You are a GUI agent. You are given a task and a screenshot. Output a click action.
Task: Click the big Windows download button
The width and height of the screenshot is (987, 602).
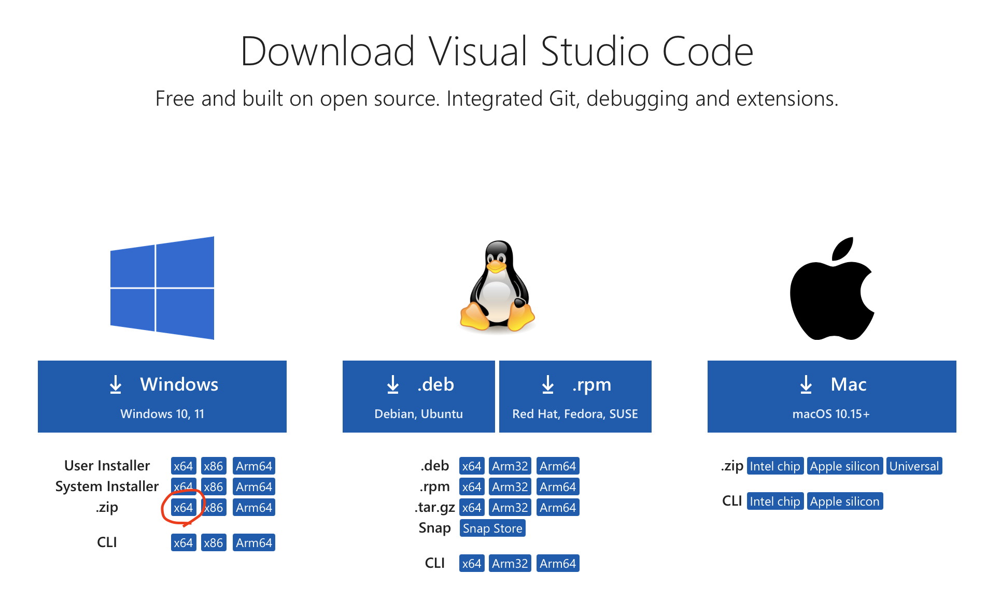click(162, 396)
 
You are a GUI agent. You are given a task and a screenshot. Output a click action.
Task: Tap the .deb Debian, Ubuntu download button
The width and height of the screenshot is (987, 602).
click(419, 396)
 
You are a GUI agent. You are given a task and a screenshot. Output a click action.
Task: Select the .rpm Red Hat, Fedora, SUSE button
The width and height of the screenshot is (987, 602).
click(575, 396)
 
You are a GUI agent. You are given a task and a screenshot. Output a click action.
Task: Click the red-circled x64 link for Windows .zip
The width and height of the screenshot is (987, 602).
click(184, 508)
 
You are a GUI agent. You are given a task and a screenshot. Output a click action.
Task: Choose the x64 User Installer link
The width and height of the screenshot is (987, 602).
click(184, 466)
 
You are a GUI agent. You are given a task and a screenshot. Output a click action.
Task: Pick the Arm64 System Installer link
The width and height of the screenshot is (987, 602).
click(254, 487)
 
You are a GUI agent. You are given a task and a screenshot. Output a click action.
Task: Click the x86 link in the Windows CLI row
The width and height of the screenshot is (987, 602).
click(214, 543)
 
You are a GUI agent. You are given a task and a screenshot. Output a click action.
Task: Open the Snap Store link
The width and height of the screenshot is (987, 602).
click(492, 528)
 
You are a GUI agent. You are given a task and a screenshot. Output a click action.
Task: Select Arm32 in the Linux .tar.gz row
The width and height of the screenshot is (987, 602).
click(510, 508)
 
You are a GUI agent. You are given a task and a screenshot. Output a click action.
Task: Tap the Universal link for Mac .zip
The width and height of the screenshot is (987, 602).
click(914, 466)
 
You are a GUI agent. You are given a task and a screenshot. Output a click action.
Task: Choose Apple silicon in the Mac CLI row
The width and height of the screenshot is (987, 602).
click(845, 501)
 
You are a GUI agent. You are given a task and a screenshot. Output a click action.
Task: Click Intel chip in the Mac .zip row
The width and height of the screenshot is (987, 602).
click(775, 466)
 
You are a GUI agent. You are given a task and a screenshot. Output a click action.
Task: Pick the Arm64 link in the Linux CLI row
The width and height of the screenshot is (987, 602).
click(558, 564)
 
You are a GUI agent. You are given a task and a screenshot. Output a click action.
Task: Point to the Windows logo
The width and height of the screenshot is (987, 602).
click(162, 288)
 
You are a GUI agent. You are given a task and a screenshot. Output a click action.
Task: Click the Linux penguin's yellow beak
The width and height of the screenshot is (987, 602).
click(496, 267)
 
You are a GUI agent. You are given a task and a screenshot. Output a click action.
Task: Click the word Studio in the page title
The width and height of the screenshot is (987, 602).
click(595, 51)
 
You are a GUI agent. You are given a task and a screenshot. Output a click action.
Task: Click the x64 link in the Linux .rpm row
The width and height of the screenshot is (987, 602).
click(472, 487)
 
